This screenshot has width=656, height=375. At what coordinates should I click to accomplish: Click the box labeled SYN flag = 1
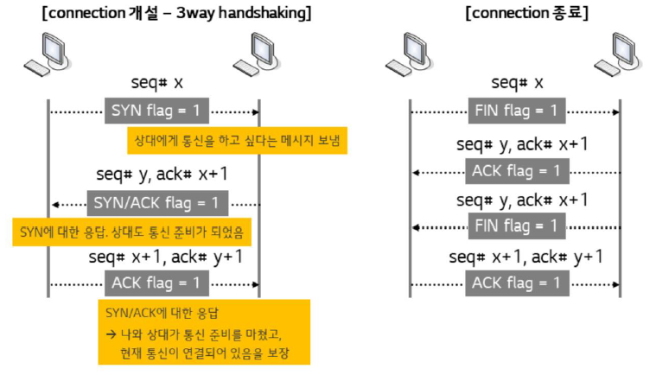[156, 111]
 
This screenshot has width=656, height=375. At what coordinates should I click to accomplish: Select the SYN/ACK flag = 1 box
[157, 204]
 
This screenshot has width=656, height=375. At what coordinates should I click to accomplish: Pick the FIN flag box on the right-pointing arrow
[517, 111]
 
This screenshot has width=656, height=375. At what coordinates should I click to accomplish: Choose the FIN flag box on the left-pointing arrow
[517, 227]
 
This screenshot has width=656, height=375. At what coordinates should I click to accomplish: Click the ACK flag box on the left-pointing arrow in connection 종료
[517, 171]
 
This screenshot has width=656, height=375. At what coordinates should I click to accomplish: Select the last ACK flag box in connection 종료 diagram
[517, 283]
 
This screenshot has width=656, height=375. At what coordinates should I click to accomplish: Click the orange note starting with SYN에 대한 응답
[131, 232]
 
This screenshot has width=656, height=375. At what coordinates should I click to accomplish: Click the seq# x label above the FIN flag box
[517, 83]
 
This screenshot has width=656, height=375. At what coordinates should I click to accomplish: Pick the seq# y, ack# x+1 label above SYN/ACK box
[162, 175]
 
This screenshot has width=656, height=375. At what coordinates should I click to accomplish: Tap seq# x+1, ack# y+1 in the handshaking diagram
[165, 257]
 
